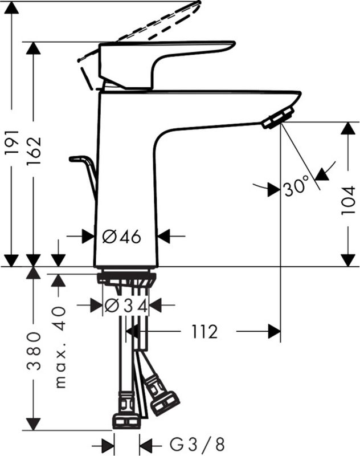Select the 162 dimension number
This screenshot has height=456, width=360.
34,150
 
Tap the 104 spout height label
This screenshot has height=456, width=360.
349,200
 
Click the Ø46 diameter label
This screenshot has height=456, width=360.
122,236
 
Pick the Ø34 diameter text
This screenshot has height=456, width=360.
126,306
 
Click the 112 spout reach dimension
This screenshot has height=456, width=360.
204,331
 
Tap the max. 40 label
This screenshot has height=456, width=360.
60,347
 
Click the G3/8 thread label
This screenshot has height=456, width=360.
197,445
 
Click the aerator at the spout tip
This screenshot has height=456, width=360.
278,118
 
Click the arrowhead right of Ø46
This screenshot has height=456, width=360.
163,236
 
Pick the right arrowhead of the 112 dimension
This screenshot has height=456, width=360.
274,331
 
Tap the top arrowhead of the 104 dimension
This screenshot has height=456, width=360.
348,128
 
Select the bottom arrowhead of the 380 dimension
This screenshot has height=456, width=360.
34,424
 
